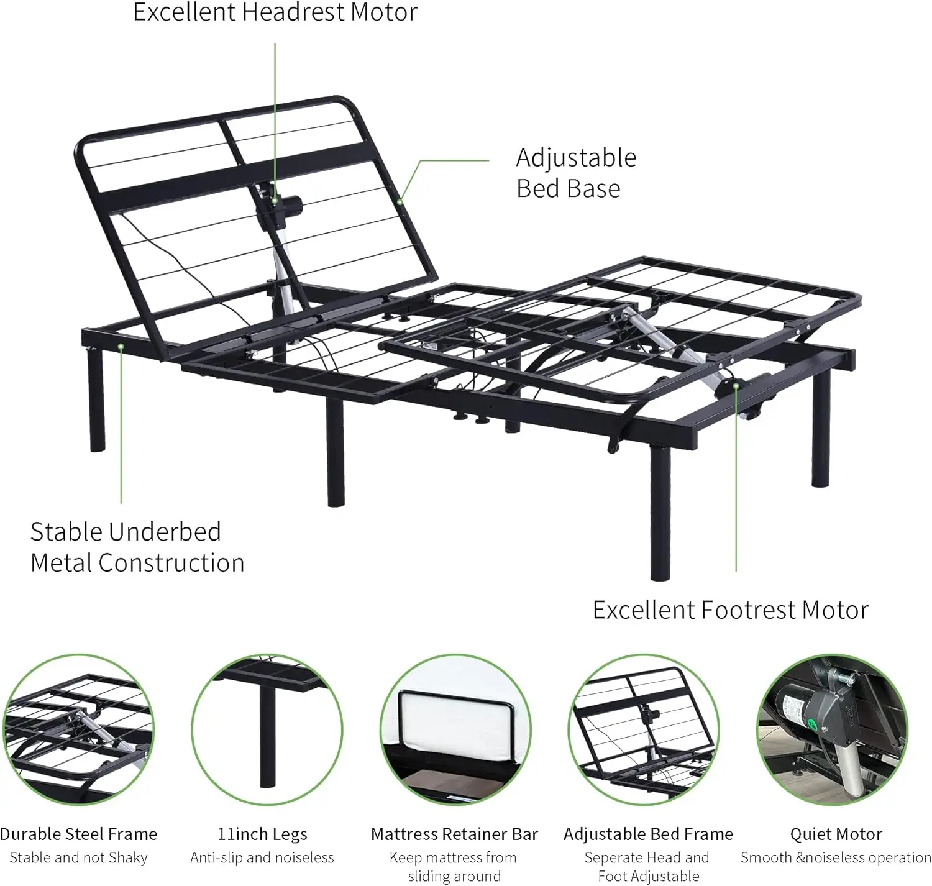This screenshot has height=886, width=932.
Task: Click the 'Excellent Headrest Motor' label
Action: coord(275,12)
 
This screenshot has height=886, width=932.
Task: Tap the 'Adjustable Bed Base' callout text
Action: coord(576,173)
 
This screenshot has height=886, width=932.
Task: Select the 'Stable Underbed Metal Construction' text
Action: coord(137,547)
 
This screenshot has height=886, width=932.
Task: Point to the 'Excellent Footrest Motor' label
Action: coord(730,610)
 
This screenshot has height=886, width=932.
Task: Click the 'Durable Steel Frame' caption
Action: coord(79,834)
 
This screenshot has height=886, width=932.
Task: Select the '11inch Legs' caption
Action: coord(262,834)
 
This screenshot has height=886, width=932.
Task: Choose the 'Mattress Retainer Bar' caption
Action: coord(454,834)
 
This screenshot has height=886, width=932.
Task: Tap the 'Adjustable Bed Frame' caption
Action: coord(648,834)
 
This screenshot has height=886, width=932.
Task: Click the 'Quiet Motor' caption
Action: coord(836,834)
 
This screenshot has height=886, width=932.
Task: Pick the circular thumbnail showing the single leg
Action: coord(267,730)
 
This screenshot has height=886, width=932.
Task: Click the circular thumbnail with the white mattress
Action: coord(455,730)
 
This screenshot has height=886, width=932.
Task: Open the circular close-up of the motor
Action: coord(832,730)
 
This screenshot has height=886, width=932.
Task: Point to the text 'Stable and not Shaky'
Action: coord(79,858)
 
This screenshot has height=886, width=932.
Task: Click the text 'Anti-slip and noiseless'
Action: coord(262,858)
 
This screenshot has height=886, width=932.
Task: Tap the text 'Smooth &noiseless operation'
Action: coord(836,858)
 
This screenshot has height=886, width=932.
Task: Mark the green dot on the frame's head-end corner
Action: coord(121,346)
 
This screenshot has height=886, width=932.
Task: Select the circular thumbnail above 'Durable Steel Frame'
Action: coord(78,730)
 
